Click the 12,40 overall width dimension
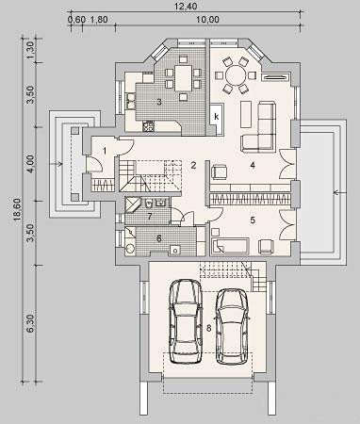click(187, 6)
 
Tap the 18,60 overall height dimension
click(17, 209)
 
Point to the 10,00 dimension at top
click(207, 20)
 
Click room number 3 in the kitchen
click(159, 102)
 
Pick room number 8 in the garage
click(209, 328)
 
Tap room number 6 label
click(159, 238)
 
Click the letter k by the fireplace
click(217, 117)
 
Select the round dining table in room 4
click(236, 75)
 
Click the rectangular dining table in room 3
click(183, 77)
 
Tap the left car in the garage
click(186, 322)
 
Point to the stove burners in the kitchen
click(148, 126)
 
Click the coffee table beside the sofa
click(247, 114)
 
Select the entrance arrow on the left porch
click(58, 163)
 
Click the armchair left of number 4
click(220, 172)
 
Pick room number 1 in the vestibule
click(105, 152)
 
